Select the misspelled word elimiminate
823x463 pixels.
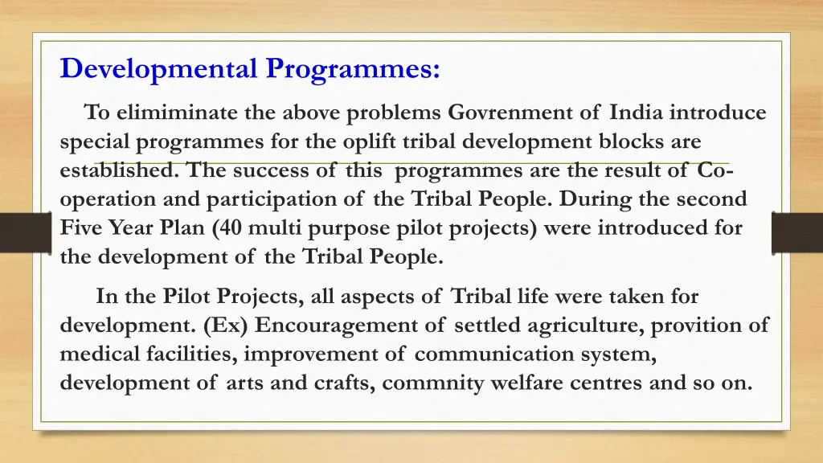click(177, 113)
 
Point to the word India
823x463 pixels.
click(636, 113)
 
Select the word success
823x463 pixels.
click(271, 170)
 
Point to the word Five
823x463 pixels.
click(80, 227)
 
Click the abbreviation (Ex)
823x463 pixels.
click(225, 325)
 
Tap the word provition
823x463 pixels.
click(695, 326)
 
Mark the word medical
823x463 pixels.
click(100, 354)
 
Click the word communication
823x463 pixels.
click(494, 354)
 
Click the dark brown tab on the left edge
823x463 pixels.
click(26, 232)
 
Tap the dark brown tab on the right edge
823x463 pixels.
click(796, 232)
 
